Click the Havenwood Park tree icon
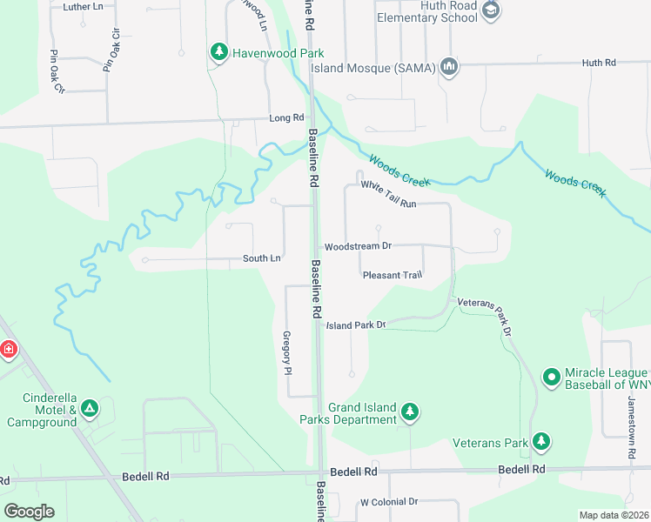(218, 53)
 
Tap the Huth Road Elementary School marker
(491, 10)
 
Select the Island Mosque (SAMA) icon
(449, 68)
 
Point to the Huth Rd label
(598, 63)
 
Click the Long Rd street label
(286, 117)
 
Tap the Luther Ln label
(84, 6)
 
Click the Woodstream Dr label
(359, 246)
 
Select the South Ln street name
(262, 258)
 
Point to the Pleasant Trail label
(392, 275)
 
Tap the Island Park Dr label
(355, 325)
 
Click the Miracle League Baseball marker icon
(551, 377)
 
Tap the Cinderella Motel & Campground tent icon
(89, 407)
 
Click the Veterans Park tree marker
(541, 442)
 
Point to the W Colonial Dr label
(389, 502)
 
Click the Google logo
(29, 511)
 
